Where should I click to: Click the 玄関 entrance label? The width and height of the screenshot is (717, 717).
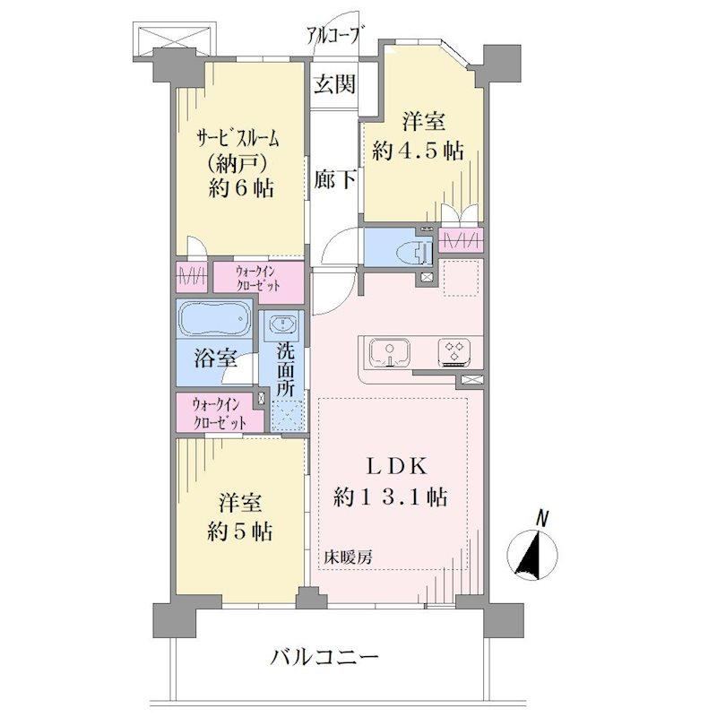[334, 84]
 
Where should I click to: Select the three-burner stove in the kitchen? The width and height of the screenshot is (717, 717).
[454, 352]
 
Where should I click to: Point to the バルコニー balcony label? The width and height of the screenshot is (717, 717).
[324, 658]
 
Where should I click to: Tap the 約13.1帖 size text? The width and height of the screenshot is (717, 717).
[390, 497]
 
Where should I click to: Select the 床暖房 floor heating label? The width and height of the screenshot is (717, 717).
[348, 557]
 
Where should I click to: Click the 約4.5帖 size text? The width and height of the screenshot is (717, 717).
[418, 151]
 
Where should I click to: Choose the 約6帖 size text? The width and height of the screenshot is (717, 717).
[241, 187]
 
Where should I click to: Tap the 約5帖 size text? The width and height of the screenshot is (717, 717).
[240, 531]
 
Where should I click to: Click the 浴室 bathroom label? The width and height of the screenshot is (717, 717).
[215, 358]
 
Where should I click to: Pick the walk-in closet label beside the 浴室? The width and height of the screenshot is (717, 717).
[219, 413]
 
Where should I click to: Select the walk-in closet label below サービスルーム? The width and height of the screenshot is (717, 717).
[258, 279]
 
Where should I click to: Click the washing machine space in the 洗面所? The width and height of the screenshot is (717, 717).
[287, 416]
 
